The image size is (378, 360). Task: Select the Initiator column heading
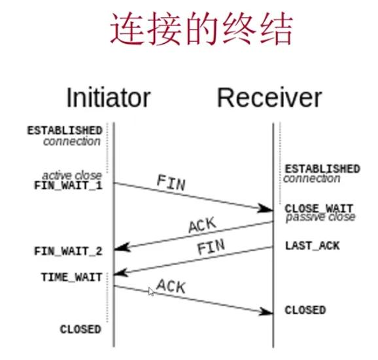[x=108, y=98]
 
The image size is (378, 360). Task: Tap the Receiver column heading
[x=269, y=98]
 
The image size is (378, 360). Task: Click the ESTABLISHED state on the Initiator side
[x=64, y=130]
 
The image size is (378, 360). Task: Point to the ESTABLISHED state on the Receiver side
[x=322, y=169]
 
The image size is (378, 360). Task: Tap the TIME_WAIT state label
[x=71, y=278]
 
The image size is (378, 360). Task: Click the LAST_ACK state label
[x=313, y=246]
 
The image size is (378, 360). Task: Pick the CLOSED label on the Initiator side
[x=80, y=329]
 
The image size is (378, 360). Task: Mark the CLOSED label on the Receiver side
[x=305, y=310]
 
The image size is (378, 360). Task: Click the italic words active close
[x=72, y=175]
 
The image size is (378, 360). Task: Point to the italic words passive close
[x=320, y=217]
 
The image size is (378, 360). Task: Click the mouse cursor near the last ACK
[x=152, y=292]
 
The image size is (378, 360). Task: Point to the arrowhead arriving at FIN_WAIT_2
[x=120, y=249]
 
